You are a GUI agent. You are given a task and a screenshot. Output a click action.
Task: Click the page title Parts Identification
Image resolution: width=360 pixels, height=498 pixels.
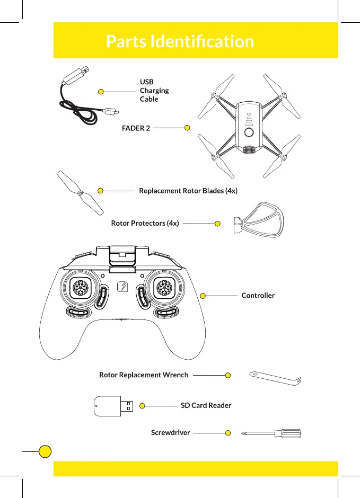tap(180, 41)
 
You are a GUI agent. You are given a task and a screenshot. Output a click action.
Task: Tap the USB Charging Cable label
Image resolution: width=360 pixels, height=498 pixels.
tap(154, 91)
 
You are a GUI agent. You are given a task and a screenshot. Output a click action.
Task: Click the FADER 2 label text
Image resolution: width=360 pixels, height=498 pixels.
tap(136, 128)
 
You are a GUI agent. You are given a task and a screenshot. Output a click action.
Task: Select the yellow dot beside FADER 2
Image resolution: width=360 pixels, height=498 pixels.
tap(187, 128)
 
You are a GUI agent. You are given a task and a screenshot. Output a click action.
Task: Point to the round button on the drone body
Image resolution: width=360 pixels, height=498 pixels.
tap(248, 132)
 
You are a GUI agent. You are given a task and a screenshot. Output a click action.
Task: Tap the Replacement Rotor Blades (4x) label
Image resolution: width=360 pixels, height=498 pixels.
tap(188, 191)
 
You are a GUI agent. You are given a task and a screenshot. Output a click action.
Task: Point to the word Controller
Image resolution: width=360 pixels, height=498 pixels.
tap(258, 295)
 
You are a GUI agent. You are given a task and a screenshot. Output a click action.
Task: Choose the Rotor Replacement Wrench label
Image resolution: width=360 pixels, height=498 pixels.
tap(144, 375)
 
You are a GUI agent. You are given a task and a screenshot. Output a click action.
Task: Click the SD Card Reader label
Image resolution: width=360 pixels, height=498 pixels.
tap(206, 406)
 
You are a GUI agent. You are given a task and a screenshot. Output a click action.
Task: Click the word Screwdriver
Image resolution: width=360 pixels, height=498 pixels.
tap(170, 433)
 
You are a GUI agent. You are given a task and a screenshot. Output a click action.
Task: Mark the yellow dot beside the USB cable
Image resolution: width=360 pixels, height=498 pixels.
tap(101, 92)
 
